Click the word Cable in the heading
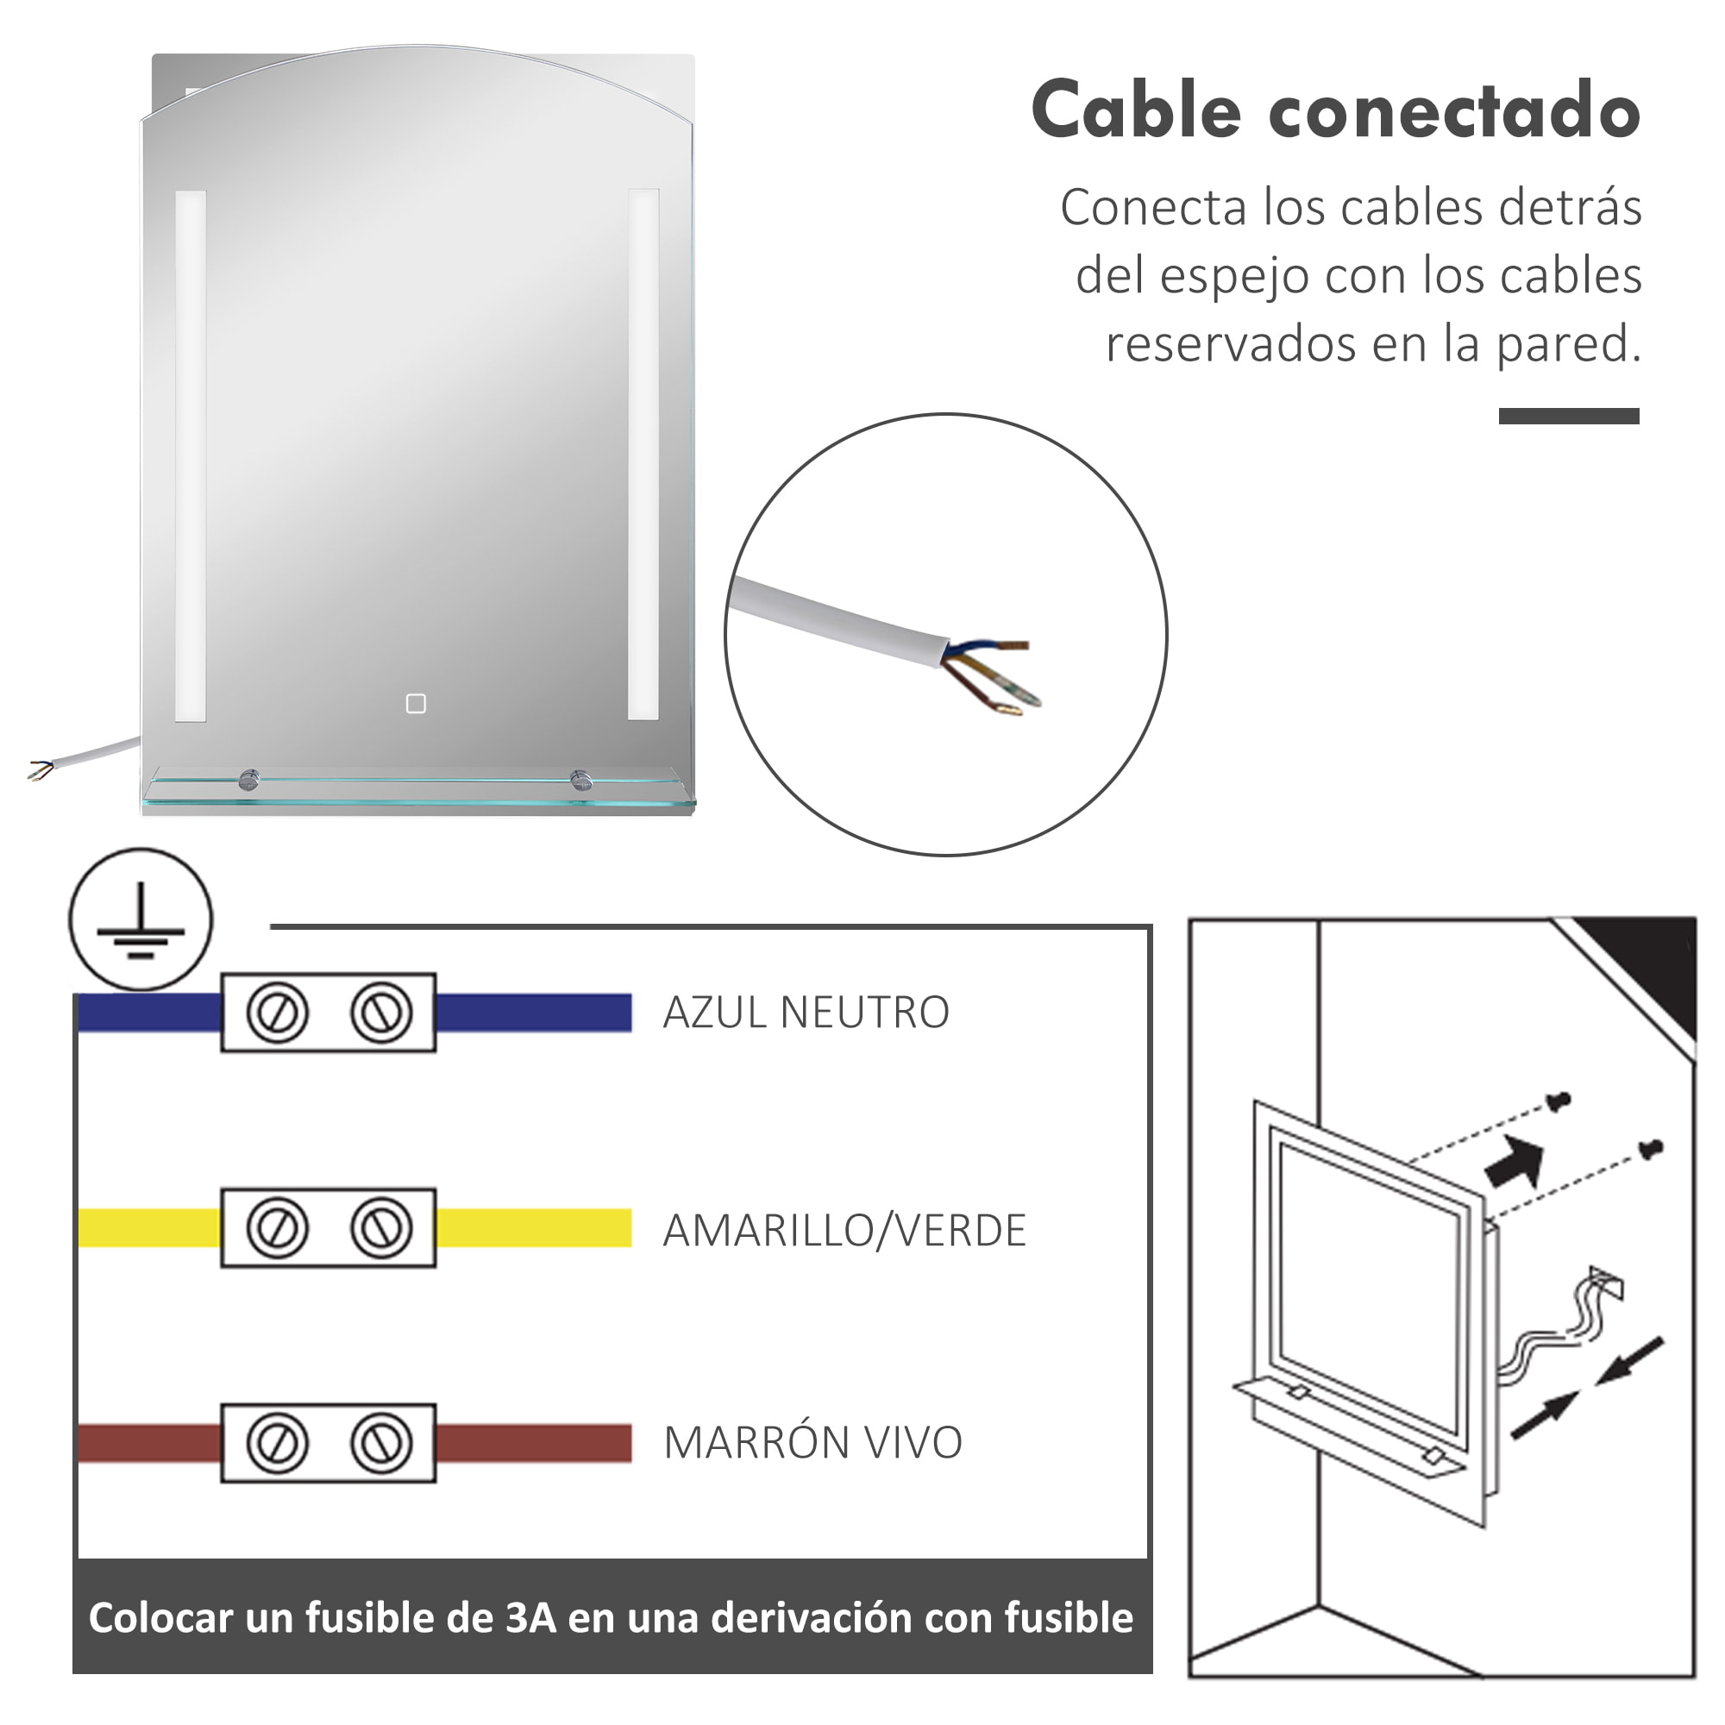click(1136, 110)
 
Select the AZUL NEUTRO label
click(806, 1013)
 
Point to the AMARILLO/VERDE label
click(844, 1231)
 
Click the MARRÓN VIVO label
click(812, 1443)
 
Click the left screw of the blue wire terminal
click(277, 1013)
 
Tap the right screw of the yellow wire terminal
click(381, 1228)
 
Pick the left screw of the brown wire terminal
click(277, 1444)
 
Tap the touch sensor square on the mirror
click(416, 705)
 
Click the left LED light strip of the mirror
click(190, 455)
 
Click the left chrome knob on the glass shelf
click(248, 781)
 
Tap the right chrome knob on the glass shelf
click(581, 780)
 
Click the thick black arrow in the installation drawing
click(1515, 1164)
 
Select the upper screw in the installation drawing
click(1559, 1101)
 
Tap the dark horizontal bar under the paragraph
click(1569, 416)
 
